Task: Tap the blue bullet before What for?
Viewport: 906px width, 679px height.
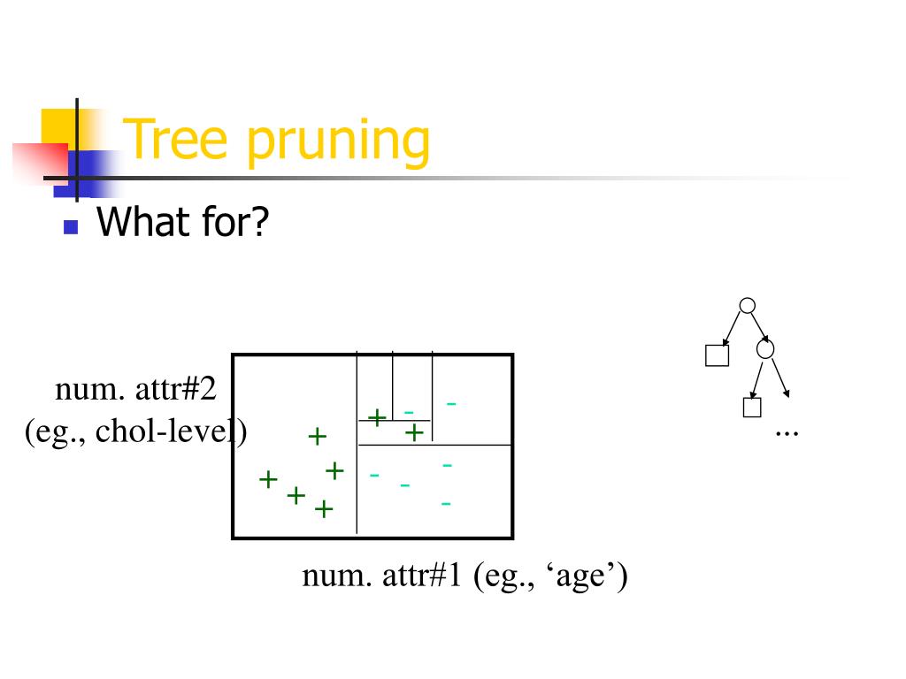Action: tap(72, 227)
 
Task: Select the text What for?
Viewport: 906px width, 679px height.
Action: tap(181, 221)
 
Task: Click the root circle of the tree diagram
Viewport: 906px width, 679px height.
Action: tap(747, 306)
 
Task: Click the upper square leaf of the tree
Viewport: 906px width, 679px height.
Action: tap(716, 355)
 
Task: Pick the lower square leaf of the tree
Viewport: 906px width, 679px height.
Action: tap(751, 408)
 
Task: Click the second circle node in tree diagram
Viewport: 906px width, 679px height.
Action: tap(766, 349)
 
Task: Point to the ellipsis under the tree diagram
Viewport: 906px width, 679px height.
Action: tap(786, 431)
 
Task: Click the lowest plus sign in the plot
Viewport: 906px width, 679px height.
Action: tap(324, 509)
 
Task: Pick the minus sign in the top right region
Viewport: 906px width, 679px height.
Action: tap(451, 404)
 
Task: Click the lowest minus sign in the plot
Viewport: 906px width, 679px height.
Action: tap(446, 503)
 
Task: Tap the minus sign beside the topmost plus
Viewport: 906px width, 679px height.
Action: tap(409, 411)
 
